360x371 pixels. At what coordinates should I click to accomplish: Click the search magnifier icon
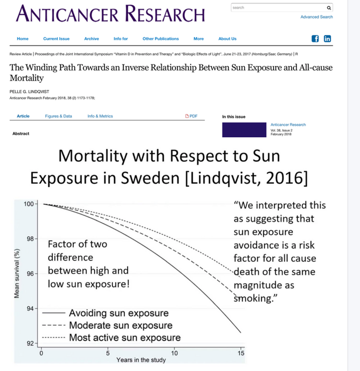tap(328, 8)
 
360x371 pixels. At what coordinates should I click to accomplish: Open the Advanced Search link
tap(317, 17)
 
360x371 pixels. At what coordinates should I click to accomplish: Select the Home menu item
tap(22, 39)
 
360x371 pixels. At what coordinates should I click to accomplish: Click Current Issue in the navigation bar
tap(56, 39)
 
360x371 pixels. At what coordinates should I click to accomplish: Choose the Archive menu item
tap(91, 39)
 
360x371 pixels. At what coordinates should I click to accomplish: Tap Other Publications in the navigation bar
tap(161, 39)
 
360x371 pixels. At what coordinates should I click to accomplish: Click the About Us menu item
tap(227, 39)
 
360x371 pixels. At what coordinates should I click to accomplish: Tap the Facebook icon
tap(315, 39)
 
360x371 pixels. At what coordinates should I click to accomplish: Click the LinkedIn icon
tap(327, 39)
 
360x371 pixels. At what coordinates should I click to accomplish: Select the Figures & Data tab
tap(58, 116)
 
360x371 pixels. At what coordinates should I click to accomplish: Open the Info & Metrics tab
tap(100, 116)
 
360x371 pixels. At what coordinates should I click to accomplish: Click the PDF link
tap(191, 116)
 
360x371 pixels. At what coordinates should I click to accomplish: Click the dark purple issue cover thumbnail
tap(244, 130)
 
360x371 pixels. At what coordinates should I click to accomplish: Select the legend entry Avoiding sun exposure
tap(119, 313)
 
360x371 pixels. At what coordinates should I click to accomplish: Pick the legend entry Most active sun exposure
tap(125, 338)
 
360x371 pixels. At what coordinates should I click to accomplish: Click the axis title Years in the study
tap(141, 360)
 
